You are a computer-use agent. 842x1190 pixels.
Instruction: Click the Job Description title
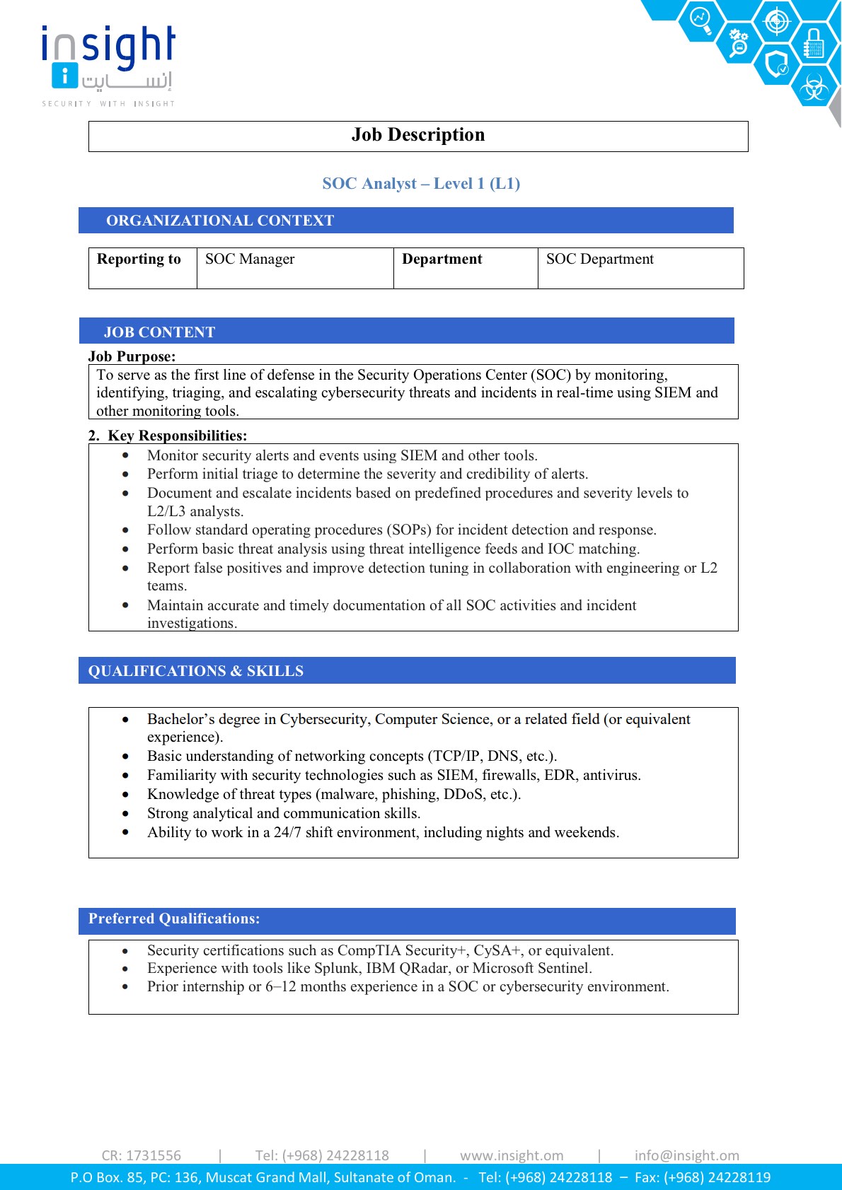tap(418, 135)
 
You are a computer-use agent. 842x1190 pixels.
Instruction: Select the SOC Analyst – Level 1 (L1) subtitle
tap(421, 184)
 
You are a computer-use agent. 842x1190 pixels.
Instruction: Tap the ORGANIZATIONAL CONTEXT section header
tap(220, 221)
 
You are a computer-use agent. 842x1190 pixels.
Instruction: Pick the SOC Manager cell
tap(250, 259)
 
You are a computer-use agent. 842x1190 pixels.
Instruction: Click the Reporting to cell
tap(139, 259)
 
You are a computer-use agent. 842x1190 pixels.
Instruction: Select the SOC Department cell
tap(599, 259)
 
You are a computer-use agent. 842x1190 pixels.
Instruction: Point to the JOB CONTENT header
tap(159, 332)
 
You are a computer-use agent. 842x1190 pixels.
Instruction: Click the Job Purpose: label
tap(132, 356)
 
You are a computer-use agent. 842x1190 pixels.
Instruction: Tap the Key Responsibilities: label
tap(177, 436)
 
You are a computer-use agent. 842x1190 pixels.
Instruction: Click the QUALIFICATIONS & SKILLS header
tap(196, 671)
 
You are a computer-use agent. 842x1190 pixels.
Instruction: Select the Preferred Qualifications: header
tap(174, 919)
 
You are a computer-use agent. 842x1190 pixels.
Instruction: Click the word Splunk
tap(338, 969)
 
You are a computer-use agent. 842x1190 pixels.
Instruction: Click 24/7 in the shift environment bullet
tap(287, 833)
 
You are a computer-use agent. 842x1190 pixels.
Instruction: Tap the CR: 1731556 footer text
tap(142, 1155)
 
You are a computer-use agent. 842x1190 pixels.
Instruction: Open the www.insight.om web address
tap(512, 1155)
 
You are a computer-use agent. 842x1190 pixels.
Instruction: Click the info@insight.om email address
tap(686, 1155)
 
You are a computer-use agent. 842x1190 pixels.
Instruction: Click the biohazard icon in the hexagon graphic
tap(814, 88)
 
